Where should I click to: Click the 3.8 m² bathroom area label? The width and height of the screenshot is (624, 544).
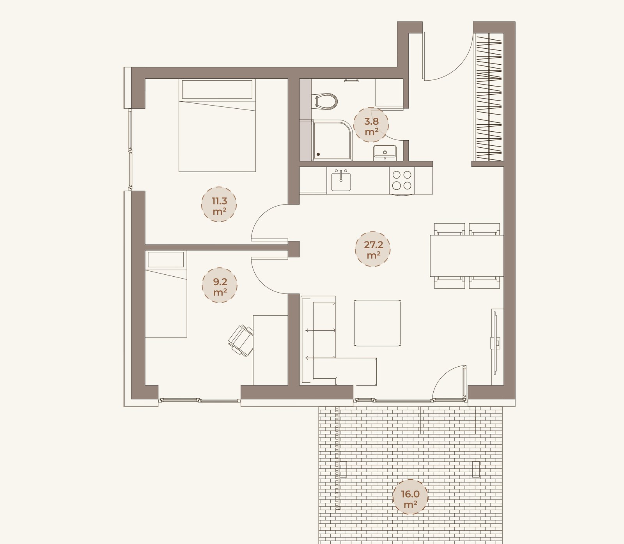point(371,126)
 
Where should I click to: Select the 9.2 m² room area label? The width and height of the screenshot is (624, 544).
point(220,285)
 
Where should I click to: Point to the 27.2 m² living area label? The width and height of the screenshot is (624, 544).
point(373,249)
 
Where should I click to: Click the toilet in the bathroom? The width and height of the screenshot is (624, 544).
point(325,101)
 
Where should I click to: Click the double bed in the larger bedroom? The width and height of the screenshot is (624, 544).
point(217,125)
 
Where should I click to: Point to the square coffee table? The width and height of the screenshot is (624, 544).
point(377,323)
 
